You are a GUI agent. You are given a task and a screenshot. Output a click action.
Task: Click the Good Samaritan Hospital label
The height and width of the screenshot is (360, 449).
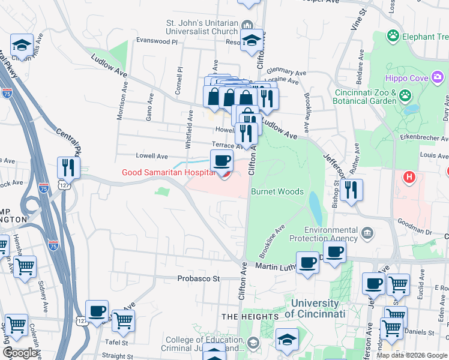[168, 172]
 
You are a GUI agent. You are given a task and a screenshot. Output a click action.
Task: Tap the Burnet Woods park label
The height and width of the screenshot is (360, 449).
[277, 192]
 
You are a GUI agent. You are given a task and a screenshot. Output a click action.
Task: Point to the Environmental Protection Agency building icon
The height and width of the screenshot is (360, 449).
[367, 232]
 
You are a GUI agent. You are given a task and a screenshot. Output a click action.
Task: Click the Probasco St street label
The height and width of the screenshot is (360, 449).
[199, 278]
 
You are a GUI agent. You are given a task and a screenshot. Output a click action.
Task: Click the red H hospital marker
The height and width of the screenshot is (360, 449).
[410, 178]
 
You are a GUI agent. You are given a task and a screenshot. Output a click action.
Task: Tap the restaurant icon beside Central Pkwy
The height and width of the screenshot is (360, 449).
[68, 168]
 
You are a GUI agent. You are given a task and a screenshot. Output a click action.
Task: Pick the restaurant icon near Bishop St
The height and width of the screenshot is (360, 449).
[351, 190]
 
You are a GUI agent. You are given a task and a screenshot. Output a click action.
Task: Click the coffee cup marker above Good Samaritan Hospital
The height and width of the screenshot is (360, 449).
[221, 161]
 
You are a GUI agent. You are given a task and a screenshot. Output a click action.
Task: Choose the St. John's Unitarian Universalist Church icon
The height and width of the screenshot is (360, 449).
[247, 24]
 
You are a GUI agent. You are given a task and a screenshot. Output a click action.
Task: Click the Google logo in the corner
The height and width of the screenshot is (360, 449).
[20, 353]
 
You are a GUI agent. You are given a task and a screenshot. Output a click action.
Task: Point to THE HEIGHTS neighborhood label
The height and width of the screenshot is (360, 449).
[250, 316]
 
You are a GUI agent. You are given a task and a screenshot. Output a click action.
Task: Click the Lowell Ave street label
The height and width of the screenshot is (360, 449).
[152, 156]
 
